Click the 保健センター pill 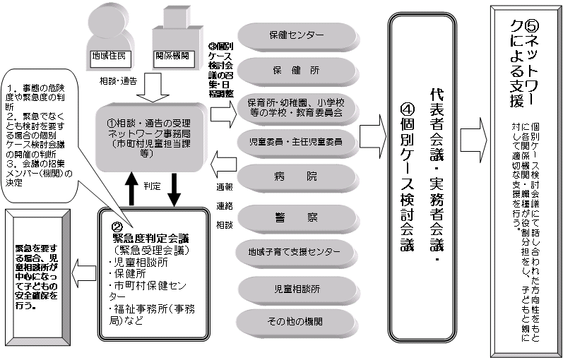click(x=296, y=35)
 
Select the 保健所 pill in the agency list click(x=296, y=70)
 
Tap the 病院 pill click(x=296, y=177)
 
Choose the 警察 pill click(x=296, y=216)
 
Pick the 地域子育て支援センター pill click(x=296, y=251)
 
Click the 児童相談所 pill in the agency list click(x=296, y=289)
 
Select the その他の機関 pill click(x=296, y=321)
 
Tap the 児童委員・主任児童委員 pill click(x=296, y=141)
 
